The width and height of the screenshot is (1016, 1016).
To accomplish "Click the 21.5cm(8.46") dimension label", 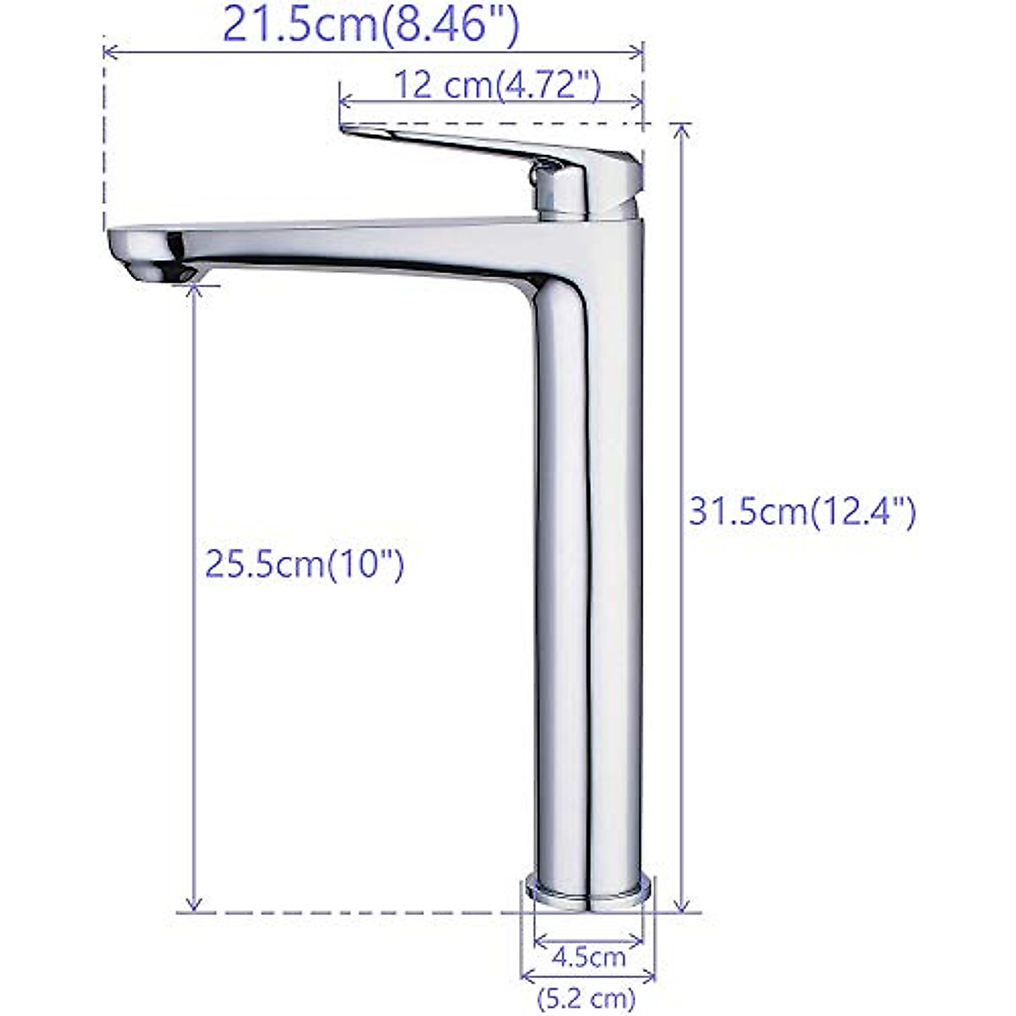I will tap(370, 25).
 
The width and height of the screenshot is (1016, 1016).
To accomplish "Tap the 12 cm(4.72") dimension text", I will tap(497, 86).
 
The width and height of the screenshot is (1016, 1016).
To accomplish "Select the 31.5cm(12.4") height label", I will tap(801, 512).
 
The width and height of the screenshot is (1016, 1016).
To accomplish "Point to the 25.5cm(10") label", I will tap(305, 564).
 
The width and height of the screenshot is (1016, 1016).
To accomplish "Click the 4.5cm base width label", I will tap(589, 958).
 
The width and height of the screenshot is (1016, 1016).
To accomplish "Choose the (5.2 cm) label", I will tap(589, 999).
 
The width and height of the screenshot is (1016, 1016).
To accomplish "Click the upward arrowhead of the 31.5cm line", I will tap(682, 131).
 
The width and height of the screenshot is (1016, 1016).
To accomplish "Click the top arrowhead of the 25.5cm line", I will tap(196, 292).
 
